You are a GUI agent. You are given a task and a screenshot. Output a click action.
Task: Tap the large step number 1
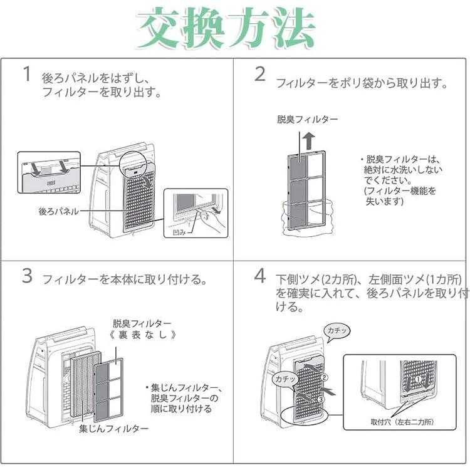(x=26, y=74)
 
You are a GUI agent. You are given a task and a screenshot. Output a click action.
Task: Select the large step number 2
(x=260, y=74)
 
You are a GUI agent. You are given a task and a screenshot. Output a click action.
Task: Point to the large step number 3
(x=26, y=276)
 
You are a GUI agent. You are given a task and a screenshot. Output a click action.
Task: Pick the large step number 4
(x=260, y=276)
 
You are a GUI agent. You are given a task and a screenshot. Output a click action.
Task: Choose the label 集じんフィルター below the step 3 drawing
(x=113, y=429)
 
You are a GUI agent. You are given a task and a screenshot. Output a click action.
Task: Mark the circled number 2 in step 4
(x=325, y=377)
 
